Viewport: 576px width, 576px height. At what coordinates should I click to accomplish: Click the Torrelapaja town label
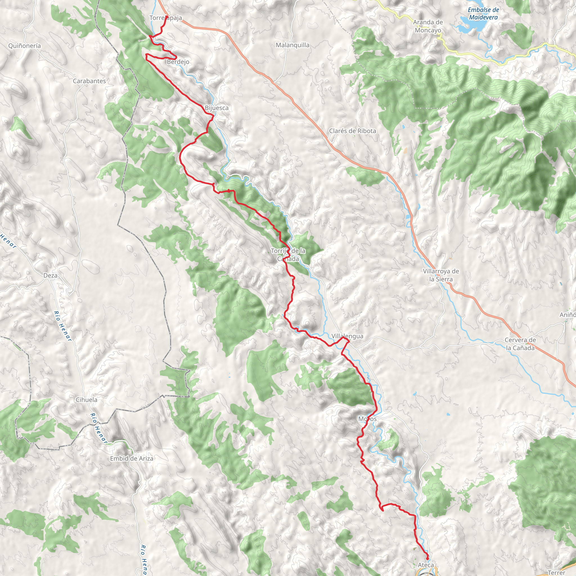(165, 18)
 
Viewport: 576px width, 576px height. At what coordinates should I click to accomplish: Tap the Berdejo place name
(178, 62)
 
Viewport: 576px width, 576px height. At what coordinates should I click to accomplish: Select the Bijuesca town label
(217, 108)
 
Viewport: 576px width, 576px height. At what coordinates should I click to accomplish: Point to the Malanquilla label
(292, 45)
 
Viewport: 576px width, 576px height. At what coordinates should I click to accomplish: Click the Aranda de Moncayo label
(428, 26)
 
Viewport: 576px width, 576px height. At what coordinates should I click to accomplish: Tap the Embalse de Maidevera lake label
(483, 14)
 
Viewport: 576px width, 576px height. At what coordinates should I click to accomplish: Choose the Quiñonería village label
(24, 46)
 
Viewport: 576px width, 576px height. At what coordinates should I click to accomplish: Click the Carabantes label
(89, 81)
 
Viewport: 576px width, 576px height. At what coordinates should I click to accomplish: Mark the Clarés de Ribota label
(352, 131)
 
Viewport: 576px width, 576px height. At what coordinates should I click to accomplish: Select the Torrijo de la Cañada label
(288, 255)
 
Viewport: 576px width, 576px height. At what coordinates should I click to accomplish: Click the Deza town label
(50, 275)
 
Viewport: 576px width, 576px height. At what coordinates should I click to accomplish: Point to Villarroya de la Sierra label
(441, 275)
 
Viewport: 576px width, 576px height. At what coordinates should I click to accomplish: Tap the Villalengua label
(347, 336)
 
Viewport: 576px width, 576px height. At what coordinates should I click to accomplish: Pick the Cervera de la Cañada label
(520, 344)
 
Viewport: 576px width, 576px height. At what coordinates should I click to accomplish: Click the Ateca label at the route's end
(426, 565)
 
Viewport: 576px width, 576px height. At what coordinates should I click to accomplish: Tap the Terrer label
(556, 572)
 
